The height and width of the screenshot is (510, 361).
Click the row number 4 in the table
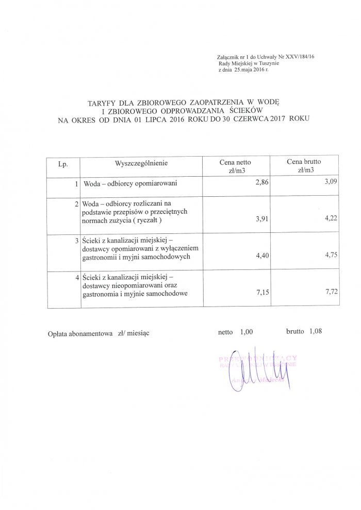[x=77, y=279]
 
